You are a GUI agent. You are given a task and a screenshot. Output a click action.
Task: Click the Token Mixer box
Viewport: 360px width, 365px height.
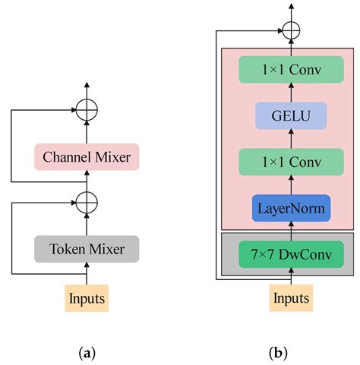86,248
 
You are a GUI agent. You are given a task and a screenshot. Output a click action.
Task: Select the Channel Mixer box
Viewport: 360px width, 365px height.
86,157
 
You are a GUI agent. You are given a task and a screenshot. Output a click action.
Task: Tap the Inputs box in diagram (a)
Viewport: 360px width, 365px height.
86,297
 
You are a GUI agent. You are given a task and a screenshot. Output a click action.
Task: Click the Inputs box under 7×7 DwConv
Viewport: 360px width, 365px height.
290,297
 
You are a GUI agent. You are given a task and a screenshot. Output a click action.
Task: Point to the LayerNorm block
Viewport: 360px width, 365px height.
290,207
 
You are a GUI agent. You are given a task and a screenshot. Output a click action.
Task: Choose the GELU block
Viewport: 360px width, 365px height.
290,116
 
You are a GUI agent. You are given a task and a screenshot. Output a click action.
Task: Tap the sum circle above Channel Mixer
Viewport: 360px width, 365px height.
86,110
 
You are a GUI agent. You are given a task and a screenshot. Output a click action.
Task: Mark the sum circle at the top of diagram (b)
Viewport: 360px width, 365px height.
290,31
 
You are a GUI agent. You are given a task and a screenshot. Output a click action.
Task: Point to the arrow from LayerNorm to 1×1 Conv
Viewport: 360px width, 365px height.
290,184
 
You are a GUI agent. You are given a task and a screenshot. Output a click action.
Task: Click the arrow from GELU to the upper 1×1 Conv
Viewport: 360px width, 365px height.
290,93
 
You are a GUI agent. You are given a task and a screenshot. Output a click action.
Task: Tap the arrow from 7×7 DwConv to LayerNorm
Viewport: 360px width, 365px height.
290,229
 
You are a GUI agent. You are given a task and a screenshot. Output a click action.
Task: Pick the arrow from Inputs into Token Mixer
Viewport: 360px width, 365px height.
86,272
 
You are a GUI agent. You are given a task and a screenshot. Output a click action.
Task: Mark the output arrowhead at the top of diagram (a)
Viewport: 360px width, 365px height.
86,85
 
